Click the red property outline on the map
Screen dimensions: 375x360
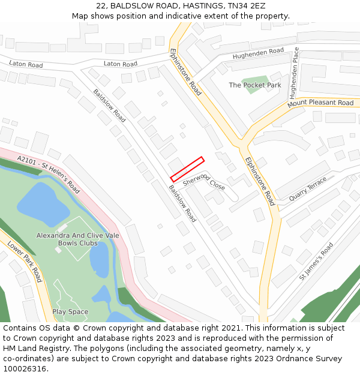point(187,169)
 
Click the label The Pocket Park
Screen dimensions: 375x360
point(255,85)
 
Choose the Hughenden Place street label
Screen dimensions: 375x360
point(294,74)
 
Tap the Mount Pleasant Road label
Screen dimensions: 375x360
point(320,103)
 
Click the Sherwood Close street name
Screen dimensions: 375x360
point(204,180)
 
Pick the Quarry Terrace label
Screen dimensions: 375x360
point(308,188)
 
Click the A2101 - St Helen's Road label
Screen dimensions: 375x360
point(49,174)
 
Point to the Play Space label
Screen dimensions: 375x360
point(70,311)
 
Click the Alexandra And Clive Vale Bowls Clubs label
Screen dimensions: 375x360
point(77,239)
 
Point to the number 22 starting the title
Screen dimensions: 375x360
point(101,5)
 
